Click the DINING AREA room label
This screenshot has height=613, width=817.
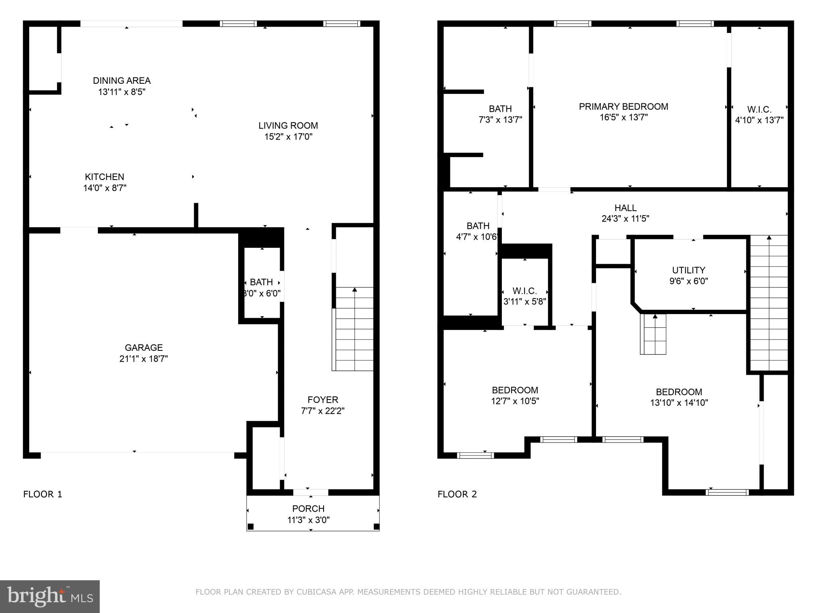pos(122,81)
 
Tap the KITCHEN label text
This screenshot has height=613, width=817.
pos(105,177)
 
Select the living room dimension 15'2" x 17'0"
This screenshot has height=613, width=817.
pos(288,137)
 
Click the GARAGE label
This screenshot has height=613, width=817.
pos(144,348)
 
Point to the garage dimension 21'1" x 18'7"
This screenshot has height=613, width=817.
pos(144,359)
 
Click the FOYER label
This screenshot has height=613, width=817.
pos(323,400)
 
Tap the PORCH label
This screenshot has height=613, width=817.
pos(308,509)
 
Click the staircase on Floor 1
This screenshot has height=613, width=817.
pos(354,329)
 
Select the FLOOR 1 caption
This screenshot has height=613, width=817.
pos(43,494)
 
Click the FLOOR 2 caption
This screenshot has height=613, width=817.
pos(457,494)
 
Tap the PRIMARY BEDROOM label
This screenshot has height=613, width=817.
pos(624,107)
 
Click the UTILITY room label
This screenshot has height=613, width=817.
pos(689,270)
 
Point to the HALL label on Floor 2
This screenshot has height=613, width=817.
pos(626,208)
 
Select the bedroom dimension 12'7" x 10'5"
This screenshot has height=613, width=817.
pos(515,401)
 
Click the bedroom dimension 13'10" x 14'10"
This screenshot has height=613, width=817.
pos(679,403)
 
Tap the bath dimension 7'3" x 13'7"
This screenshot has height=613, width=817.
pos(500,120)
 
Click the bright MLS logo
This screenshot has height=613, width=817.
pos(50,597)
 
